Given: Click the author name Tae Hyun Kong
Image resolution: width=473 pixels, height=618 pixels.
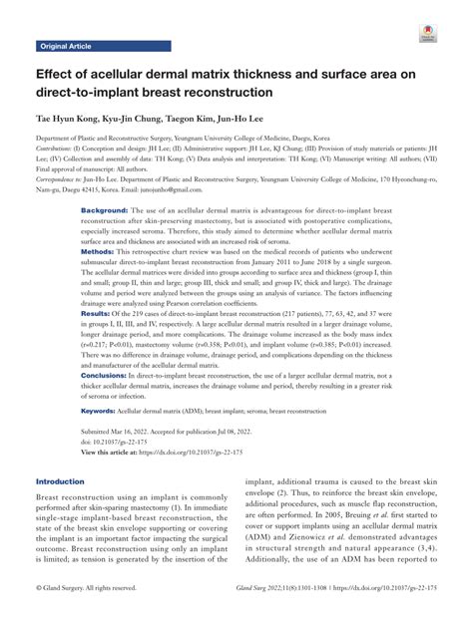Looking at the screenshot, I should click(x=68, y=119).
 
